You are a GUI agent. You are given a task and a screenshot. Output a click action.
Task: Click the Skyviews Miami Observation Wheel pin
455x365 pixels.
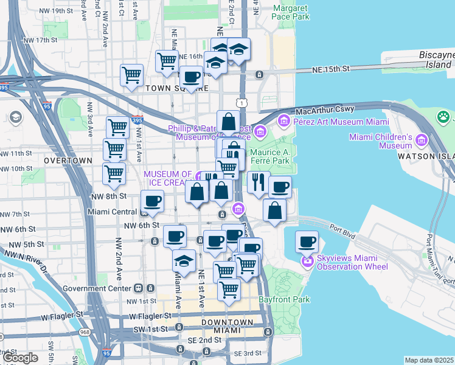pos(307,262)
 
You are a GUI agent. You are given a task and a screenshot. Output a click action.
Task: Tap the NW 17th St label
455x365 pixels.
pos(37,41)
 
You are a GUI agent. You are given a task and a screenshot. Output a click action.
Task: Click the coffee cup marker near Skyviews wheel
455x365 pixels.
pos(307,242)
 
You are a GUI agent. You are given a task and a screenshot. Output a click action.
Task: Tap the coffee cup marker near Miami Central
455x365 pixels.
pos(152,201)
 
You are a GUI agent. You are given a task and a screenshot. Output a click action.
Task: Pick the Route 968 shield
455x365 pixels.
pos(83,332)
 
